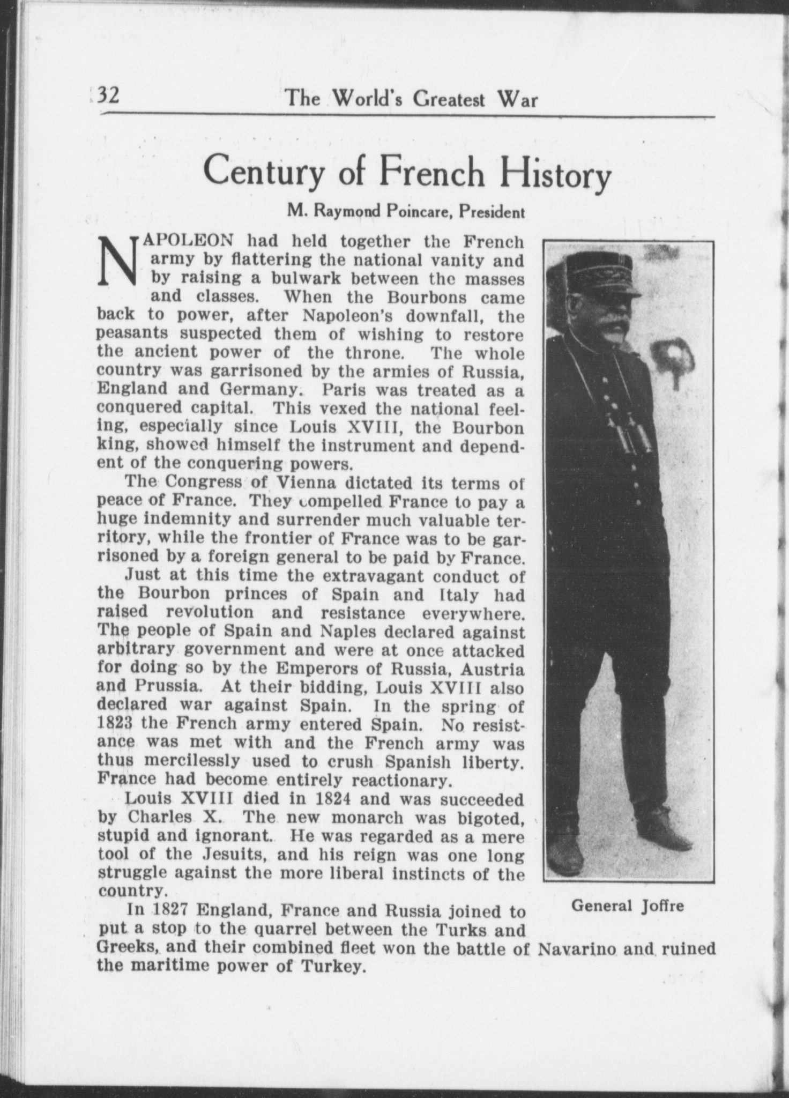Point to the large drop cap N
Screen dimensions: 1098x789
(x=118, y=261)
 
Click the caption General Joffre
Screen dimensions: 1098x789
(x=628, y=906)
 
